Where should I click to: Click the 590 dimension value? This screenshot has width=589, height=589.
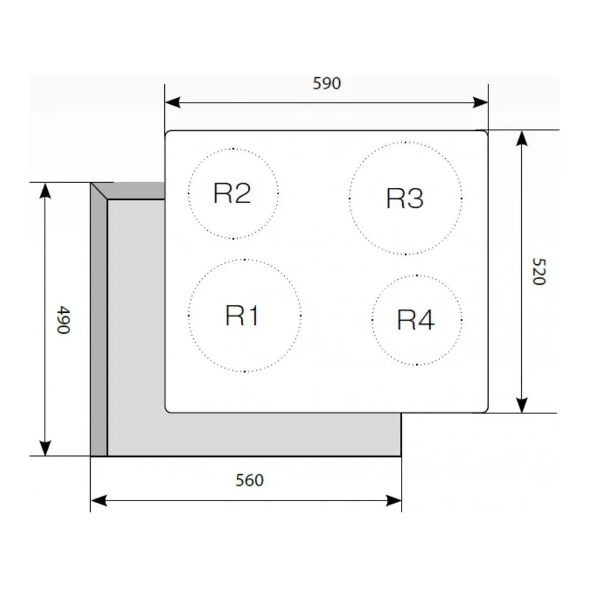pos(326,84)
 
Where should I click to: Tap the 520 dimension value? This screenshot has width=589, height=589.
pos(538,271)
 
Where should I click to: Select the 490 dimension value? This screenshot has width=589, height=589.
pos(63,319)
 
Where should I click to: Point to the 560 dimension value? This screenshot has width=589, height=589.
pos(249,481)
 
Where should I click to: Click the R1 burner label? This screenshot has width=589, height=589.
pos(242,316)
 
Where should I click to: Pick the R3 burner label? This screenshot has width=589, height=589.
pos(405,198)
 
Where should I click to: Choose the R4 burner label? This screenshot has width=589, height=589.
pos(416,320)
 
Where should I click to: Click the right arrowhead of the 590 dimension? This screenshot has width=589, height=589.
pos(481,102)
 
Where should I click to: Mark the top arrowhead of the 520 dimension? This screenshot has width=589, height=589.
pos(521,138)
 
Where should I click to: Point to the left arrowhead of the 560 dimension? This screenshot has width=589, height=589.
pos(98,501)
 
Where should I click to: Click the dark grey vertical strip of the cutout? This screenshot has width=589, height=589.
pos(99,324)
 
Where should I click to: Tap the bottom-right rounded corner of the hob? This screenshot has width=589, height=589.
pos(485,409)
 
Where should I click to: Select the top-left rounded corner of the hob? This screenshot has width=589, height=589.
pos(168,134)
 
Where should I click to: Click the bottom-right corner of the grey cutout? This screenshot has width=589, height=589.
pos(401,455)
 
